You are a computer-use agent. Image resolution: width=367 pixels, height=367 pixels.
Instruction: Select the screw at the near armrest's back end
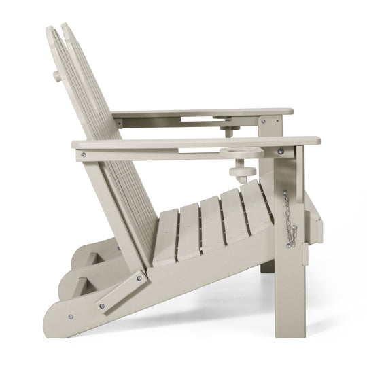(x=84, y=154)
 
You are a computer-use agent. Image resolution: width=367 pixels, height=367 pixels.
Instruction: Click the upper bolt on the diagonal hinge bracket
(x=140, y=277)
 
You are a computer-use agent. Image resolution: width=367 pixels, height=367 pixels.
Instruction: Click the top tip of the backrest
(x=66, y=27)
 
